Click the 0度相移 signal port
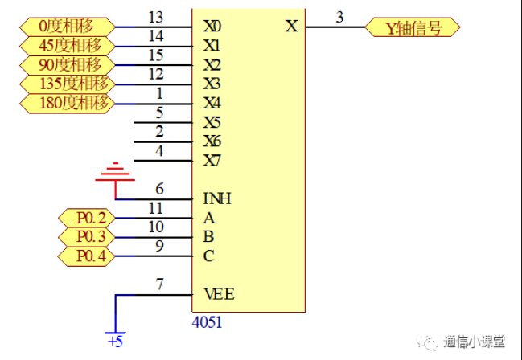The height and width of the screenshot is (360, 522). tap(65, 27)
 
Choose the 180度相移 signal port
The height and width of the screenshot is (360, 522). tap(65, 104)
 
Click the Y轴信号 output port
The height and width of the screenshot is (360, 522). tap(413, 27)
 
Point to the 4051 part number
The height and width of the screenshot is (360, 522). tap(208, 322)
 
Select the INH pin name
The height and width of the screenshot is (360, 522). tap(218, 198)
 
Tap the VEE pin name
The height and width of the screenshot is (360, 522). tap(219, 295)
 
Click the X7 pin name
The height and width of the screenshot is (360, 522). tap(212, 161)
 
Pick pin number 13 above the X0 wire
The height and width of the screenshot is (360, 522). tap(156, 17)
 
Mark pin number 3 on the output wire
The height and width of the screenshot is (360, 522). tap(339, 17)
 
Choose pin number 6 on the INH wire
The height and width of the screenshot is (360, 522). tap(159, 190)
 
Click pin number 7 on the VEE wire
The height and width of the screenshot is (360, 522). tap(159, 285)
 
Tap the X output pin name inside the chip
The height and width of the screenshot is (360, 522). tap(291, 27)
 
